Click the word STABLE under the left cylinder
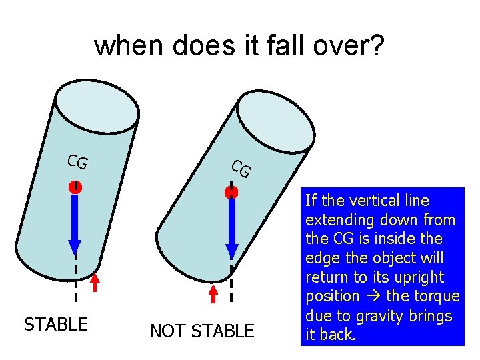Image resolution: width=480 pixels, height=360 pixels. pyautogui.click(x=55, y=325)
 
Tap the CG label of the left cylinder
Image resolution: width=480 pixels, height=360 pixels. pyautogui.click(x=77, y=162)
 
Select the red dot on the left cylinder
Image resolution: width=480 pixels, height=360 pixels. pyautogui.click(x=75, y=188)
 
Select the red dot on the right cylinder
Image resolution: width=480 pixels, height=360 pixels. pyautogui.click(x=231, y=193)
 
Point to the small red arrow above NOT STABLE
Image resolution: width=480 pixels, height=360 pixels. pyautogui.click(x=213, y=293)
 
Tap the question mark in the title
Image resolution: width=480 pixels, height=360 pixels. pyautogui.click(x=376, y=46)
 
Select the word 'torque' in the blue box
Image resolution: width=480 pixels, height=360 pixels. pyautogui.click(x=437, y=296)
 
